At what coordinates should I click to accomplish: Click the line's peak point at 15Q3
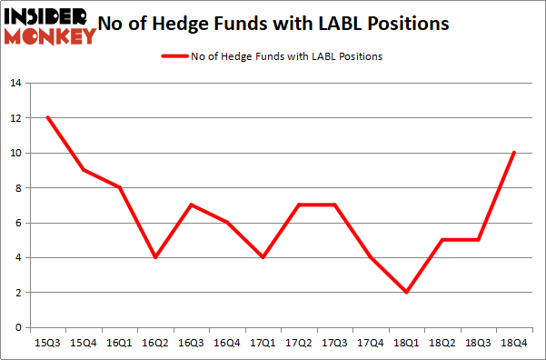(x=47, y=118)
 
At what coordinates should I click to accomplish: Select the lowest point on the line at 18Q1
(x=406, y=292)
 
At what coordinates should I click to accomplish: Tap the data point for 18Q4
(x=513, y=153)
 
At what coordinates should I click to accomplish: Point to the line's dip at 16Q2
(x=155, y=257)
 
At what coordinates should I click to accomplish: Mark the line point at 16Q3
(x=191, y=205)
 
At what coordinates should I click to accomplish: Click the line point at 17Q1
(x=263, y=257)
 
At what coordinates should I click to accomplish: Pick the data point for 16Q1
(x=119, y=188)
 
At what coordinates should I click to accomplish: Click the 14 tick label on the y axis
(x=15, y=84)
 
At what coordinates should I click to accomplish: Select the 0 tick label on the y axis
(x=17, y=327)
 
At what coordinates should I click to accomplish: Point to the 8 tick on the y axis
(x=17, y=188)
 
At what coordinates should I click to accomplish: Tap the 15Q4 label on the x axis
(x=84, y=345)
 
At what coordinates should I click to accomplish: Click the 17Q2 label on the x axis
(x=299, y=345)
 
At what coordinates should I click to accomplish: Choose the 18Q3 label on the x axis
(x=478, y=345)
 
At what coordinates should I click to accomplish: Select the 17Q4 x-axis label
(x=371, y=345)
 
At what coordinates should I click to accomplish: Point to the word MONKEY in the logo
(x=50, y=36)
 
